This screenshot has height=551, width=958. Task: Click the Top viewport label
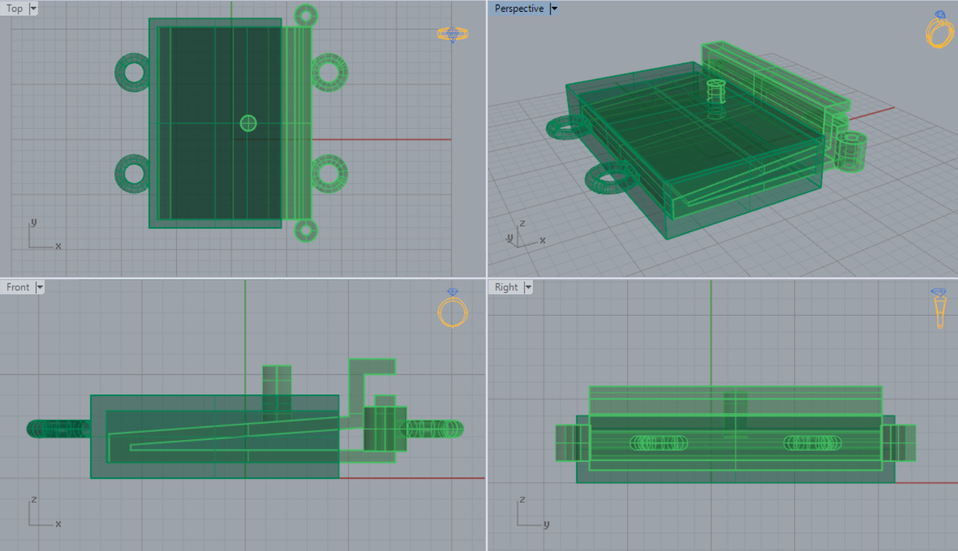[14, 8]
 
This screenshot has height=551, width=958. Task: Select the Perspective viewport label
[519, 8]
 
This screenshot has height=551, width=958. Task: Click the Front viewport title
[18, 287]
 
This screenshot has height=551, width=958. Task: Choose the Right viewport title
[506, 287]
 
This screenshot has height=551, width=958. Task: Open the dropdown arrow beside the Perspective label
[554, 8]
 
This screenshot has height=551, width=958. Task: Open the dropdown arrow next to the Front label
[40, 287]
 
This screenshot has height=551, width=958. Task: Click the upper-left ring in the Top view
[133, 72]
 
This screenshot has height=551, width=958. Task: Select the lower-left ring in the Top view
[133, 173]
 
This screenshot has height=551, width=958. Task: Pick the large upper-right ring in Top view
[330, 72]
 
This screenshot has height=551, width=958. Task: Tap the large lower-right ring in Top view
[330, 173]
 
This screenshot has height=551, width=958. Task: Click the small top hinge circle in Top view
[306, 16]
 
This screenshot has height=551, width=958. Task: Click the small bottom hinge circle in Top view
[306, 230]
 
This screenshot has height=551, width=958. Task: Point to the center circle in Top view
[248, 123]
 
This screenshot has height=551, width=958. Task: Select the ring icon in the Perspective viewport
[939, 30]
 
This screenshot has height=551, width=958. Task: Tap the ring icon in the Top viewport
[452, 34]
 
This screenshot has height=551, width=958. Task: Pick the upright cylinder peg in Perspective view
[716, 92]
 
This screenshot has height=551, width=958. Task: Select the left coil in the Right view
[659, 442]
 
